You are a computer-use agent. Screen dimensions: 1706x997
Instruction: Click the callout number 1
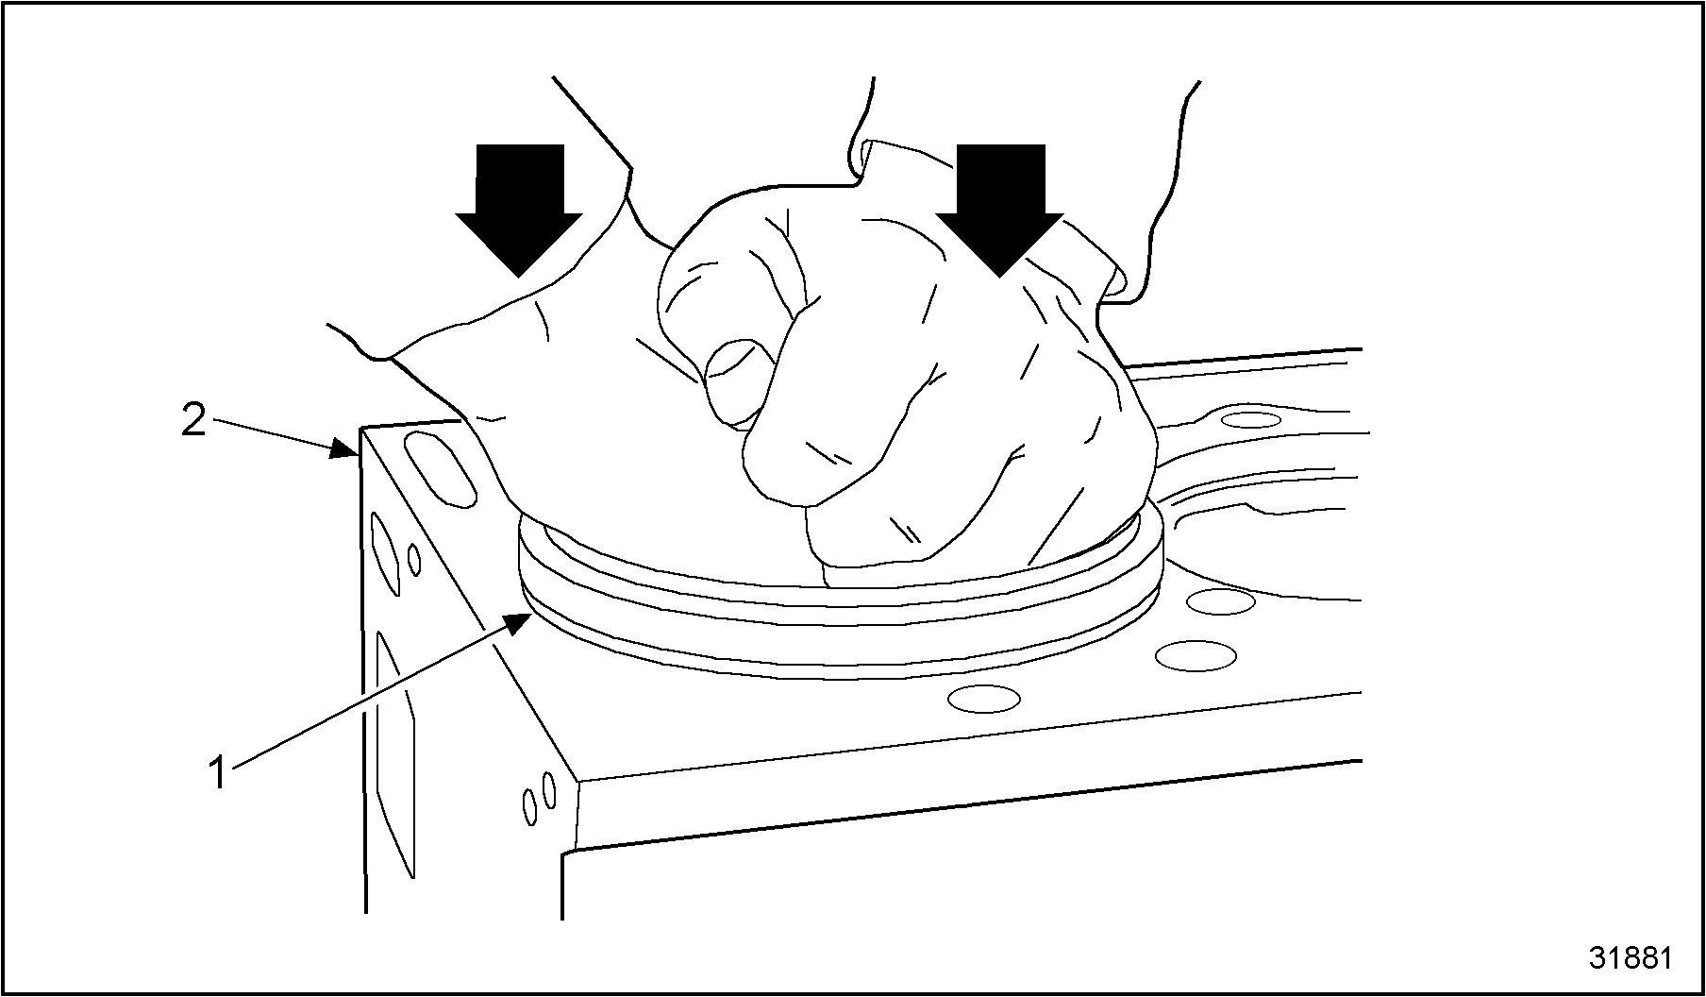pyautogui.click(x=218, y=771)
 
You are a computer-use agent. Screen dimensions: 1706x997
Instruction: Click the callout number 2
pyautogui.click(x=193, y=420)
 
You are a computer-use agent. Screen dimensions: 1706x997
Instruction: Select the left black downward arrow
pyautogui.click(x=518, y=210)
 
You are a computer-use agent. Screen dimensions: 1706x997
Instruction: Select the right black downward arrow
pyautogui.click(x=999, y=210)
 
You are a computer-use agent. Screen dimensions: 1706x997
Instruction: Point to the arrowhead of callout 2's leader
pyautogui.click(x=345, y=449)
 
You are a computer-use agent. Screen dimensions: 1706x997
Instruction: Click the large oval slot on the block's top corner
pyautogui.click(x=441, y=469)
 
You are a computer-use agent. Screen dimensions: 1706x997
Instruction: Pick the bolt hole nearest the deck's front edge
pyautogui.click(x=983, y=699)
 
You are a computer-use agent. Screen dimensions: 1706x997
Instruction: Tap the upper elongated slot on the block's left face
pyautogui.click(x=386, y=554)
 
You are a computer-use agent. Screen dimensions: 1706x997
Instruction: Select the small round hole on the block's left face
pyautogui.click(x=414, y=560)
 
